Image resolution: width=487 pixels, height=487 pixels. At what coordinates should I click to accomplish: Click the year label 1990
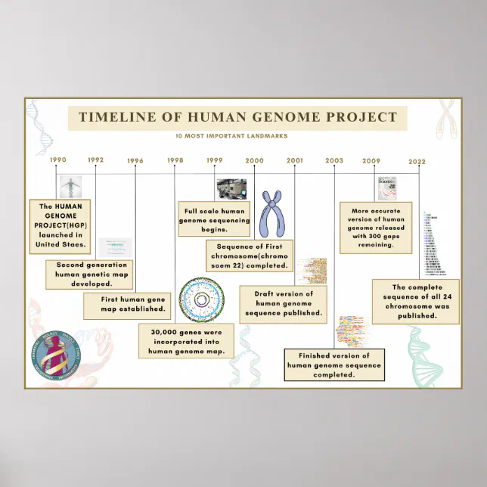[58, 160]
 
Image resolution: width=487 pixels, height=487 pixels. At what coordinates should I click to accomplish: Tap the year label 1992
[95, 160]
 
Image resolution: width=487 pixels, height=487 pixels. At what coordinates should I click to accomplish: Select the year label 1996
[135, 160]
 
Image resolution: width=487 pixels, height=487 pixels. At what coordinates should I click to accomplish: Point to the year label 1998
[175, 160]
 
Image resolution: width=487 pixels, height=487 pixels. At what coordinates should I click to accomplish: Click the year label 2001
[295, 160]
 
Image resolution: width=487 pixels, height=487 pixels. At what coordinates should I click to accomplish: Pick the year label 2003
[333, 160]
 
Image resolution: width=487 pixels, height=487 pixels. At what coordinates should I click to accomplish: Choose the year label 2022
[417, 161]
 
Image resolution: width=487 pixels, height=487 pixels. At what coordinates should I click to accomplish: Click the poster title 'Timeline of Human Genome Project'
[237, 117]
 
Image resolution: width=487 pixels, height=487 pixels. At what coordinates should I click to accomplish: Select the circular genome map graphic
[201, 300]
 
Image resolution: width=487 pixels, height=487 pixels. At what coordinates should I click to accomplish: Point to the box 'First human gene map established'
[127, 304]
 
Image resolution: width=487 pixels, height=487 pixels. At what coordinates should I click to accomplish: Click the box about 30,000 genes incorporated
[186, 340]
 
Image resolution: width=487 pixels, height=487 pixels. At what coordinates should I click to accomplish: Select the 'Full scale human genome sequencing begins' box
[213, 216]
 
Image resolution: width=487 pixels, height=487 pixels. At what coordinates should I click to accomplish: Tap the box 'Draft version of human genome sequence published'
[283, 302]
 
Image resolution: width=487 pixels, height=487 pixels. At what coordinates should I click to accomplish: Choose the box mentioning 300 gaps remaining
[376, 228]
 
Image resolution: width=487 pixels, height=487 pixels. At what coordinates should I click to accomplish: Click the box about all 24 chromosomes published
[415, 302]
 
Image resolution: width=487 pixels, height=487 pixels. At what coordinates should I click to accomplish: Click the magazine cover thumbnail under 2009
[387, 188]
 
